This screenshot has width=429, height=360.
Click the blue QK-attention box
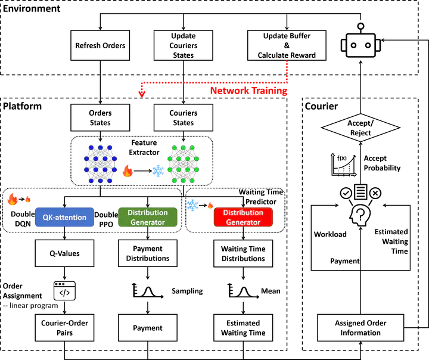tap(64, 218)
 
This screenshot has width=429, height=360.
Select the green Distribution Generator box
tap(147, 218)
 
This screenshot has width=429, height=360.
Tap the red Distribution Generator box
tap(243, 218)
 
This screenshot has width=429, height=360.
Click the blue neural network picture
tap(100, 162)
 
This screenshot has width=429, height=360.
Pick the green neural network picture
tap(184, 162)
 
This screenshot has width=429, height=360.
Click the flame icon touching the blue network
tap(128, 172)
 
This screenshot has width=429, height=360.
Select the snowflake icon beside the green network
tap(158, 172)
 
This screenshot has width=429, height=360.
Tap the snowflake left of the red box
tap(193, 206)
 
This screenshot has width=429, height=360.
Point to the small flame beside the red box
tap(210, 205)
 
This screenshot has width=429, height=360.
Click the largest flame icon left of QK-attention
tap(12, 200)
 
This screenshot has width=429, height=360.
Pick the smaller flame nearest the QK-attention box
tap(27, 200)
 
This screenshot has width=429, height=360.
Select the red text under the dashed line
tap(248, 92)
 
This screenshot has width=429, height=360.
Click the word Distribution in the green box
tap(147, 213)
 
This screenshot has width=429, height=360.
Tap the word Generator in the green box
tap(147, 222)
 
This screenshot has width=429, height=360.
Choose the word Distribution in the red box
tap(243, 213)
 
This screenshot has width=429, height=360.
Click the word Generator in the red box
tap(243, 222)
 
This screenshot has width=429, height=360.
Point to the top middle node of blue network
tap(100, 147)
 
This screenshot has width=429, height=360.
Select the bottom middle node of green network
tap(184, 180)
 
